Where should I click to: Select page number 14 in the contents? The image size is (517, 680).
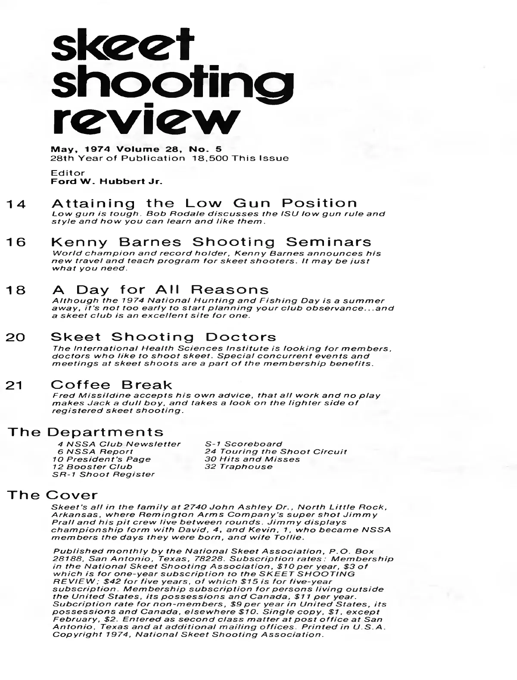coord(16,205)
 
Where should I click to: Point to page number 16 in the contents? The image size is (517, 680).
coord(16,242)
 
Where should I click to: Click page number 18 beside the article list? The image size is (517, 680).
coord(16,291)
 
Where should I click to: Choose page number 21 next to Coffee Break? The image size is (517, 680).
coord(16,386)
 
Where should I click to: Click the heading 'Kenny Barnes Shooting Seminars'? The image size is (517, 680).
coord(211,242)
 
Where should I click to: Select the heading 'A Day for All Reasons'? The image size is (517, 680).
coord(160,289)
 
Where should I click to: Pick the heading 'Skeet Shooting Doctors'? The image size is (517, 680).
coord(163,337)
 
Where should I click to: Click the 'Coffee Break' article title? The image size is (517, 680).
coord(111,385)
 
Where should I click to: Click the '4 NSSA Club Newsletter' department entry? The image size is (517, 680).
coord(119,444)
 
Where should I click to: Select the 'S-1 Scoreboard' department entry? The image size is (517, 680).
coord(243,444)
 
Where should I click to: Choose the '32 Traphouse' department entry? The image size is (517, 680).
coord(239,466)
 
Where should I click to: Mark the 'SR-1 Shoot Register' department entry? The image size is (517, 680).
coord(103,475)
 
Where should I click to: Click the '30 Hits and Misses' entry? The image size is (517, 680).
coord(252,459)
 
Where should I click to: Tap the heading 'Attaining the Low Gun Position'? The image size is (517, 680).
coord(204,203)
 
